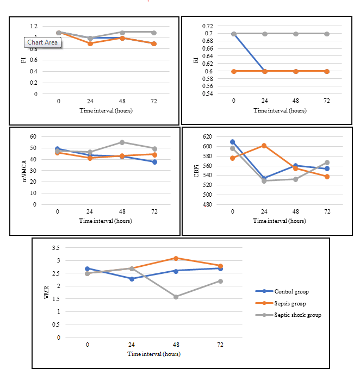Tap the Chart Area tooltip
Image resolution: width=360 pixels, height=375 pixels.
click(x=43, y=42)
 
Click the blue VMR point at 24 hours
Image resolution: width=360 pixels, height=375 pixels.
click(x=132, y=279)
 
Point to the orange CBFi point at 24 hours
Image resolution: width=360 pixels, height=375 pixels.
click(x=264, y=146)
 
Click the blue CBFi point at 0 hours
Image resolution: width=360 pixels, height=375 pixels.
click(x=233, y=142)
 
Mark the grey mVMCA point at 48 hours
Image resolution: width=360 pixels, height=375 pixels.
click(x=122, y=142)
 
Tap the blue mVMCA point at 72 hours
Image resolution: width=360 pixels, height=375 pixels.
click(x=154, y=162)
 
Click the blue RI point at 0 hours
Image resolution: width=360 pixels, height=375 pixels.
click(x=234, y=34)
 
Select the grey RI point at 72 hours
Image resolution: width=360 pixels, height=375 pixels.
click(x=327, y=34)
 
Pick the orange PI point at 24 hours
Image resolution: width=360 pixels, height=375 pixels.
click(x=90, y=43)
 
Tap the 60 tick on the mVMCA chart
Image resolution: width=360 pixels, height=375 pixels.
click(x=33, y=137)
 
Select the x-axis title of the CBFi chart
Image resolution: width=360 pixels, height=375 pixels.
click(x=280, y=221)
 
